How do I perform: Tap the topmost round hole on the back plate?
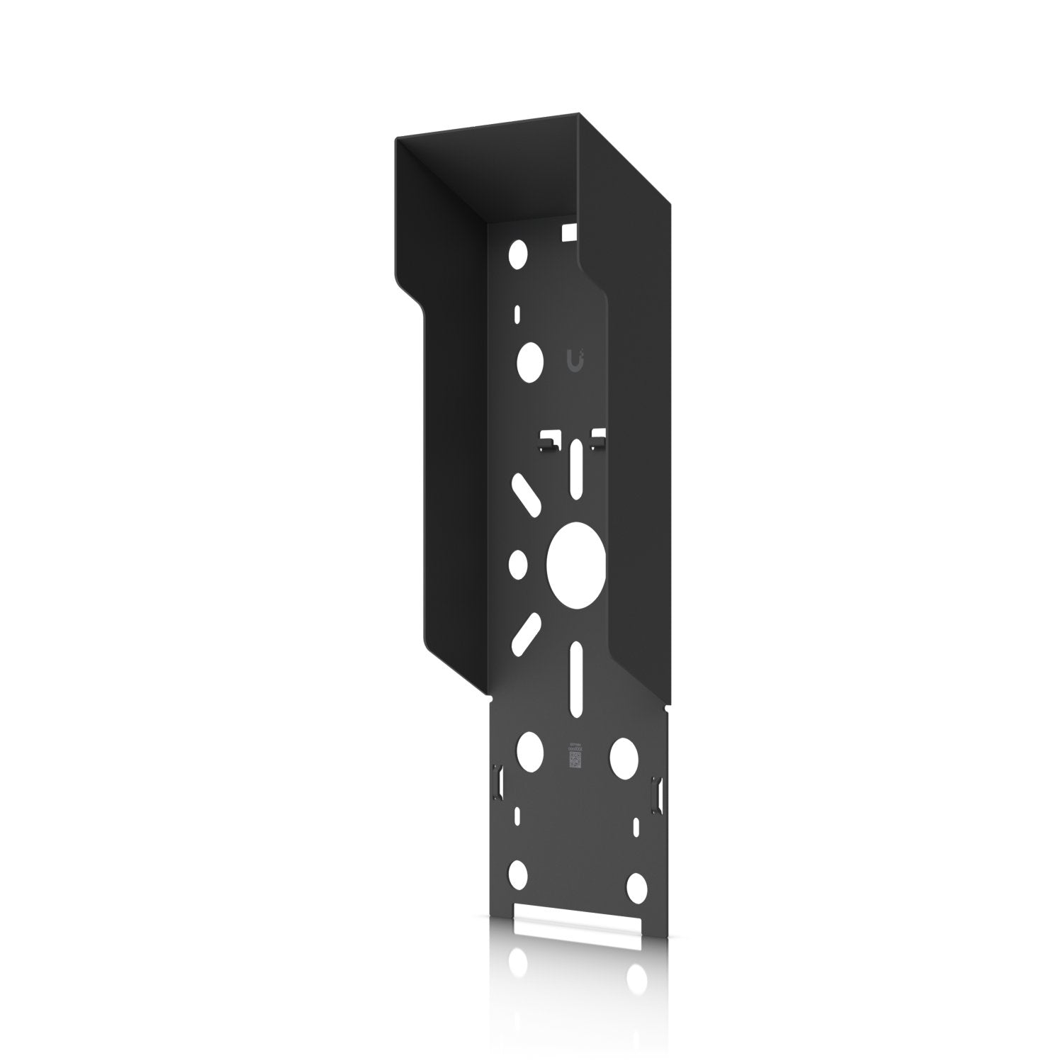click(x=518, y=252)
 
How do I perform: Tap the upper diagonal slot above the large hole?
click(x=525, y=494)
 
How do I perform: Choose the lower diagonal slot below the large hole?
click(x=525, y=632)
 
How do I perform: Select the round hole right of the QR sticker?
click(x=624, y=754)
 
